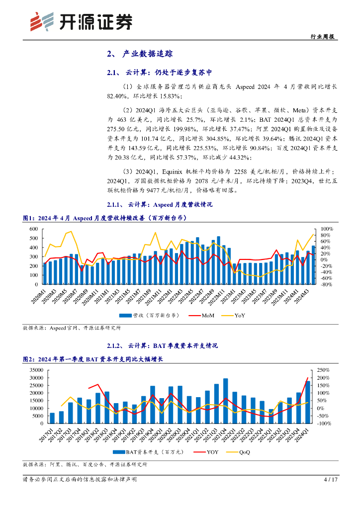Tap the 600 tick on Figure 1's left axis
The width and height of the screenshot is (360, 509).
pos(34,229)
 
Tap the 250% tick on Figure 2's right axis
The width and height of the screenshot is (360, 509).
pos(323,370)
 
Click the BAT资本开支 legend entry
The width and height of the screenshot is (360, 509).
pos(142,452)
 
